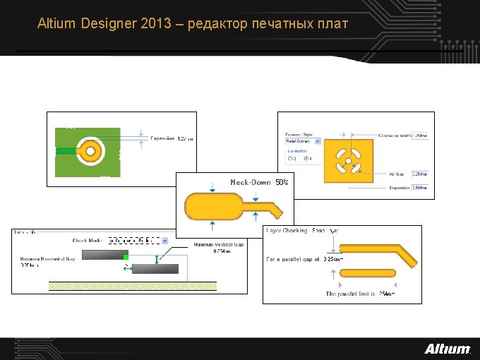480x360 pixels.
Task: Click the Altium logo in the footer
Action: coord(447,349)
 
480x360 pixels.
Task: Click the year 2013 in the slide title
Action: coord(156,24)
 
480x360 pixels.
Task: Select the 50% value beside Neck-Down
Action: coord(282,182)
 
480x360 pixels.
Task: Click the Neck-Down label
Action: coord(251,182)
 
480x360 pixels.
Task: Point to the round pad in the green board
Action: coord(90,150)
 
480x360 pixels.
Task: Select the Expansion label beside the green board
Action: coord(162,139)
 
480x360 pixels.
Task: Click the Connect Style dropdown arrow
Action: coord(317,141)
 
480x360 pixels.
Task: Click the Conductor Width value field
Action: coord(420,136)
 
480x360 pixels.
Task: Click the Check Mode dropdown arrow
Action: coord(164,241)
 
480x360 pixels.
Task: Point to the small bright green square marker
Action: coord(126,258)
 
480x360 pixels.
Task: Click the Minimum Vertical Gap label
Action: coord(219,245)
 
